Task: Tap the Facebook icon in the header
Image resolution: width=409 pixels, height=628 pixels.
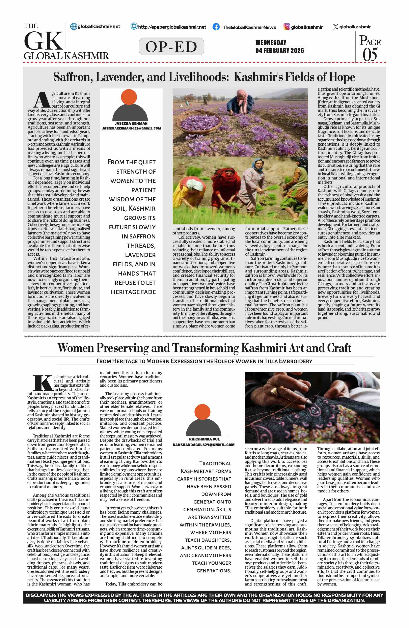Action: [x=216, y=27]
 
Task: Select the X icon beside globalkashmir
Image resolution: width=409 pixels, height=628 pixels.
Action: [x=335, y=27]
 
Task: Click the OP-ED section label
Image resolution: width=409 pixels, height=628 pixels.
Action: [x=171, y=47]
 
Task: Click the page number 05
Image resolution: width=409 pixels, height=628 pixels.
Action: [x=370, y=55]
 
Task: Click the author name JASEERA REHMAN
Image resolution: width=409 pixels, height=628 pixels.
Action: [x=131, y=123]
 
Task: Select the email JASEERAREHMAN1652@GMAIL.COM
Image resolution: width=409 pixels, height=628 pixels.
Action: [x=131, y=129]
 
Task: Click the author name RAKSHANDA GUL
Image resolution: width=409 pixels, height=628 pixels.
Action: [x=204, y=439]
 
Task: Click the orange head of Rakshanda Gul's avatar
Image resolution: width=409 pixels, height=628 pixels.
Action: [x=202, y=412]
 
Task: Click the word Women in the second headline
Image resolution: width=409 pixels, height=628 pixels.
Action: [x=76, y=348]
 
